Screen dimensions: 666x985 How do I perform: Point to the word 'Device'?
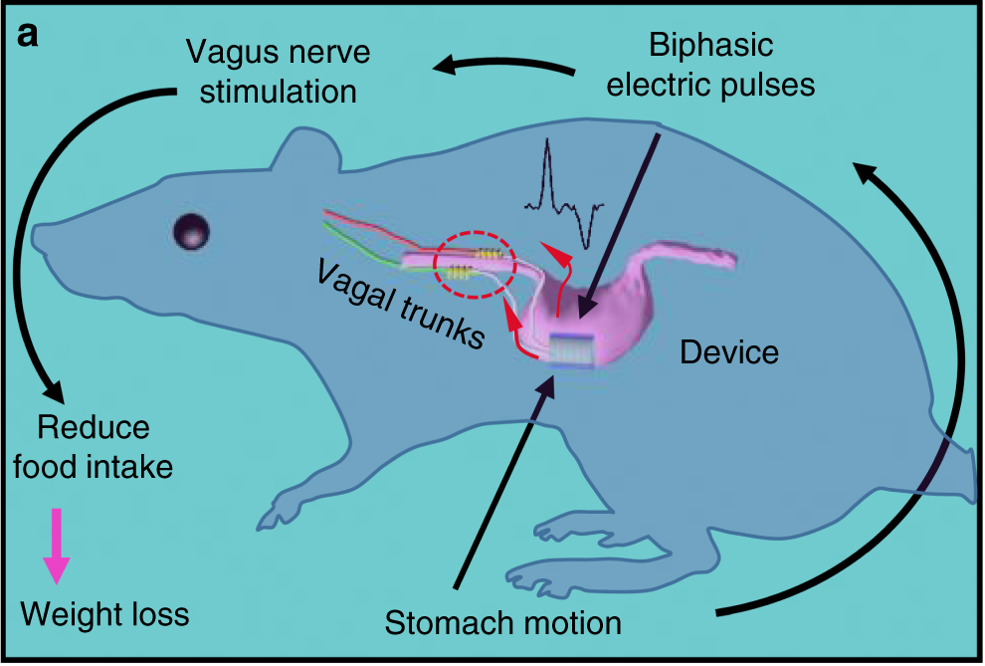pos(728,351)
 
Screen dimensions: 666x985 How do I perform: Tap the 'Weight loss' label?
pos(104,613)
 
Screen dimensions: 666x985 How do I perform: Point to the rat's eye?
pos(190,232)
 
